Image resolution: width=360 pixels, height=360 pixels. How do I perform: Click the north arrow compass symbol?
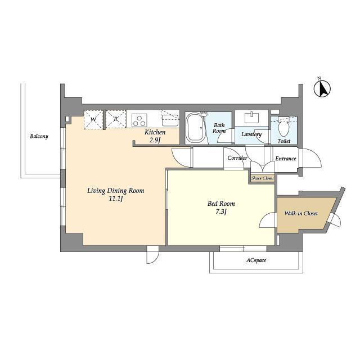pos(322,89)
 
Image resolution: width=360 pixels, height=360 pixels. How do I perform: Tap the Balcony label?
pos(39,136)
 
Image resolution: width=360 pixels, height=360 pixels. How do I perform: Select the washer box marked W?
pos(93,120)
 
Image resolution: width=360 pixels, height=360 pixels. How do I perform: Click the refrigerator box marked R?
pos(116,119)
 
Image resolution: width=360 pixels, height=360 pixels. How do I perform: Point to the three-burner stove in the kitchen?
pos(139,120)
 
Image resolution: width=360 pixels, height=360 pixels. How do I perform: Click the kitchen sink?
pos(170,120)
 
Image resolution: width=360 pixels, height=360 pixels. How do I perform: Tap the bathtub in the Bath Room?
pos(195,128)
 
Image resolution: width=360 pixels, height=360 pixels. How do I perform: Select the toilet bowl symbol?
pos(283,128)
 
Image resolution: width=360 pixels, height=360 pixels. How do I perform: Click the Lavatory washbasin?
pos(252,117)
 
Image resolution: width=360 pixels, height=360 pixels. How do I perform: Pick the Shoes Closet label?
pos(263,178)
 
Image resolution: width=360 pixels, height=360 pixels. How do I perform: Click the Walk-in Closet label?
pos(301,214)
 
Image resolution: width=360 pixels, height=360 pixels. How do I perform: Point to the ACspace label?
pos(256,260)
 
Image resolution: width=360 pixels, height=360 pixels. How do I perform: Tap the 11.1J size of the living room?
pos(116,199)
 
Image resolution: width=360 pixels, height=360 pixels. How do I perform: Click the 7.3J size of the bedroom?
pos(221,211)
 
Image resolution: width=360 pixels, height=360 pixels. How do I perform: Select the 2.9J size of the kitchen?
pos(155,140)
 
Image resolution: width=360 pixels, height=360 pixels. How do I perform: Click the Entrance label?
pos(286,159)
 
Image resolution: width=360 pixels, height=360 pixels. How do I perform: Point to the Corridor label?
pos(237,158)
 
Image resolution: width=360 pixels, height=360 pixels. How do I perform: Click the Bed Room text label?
pos(221,204)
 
